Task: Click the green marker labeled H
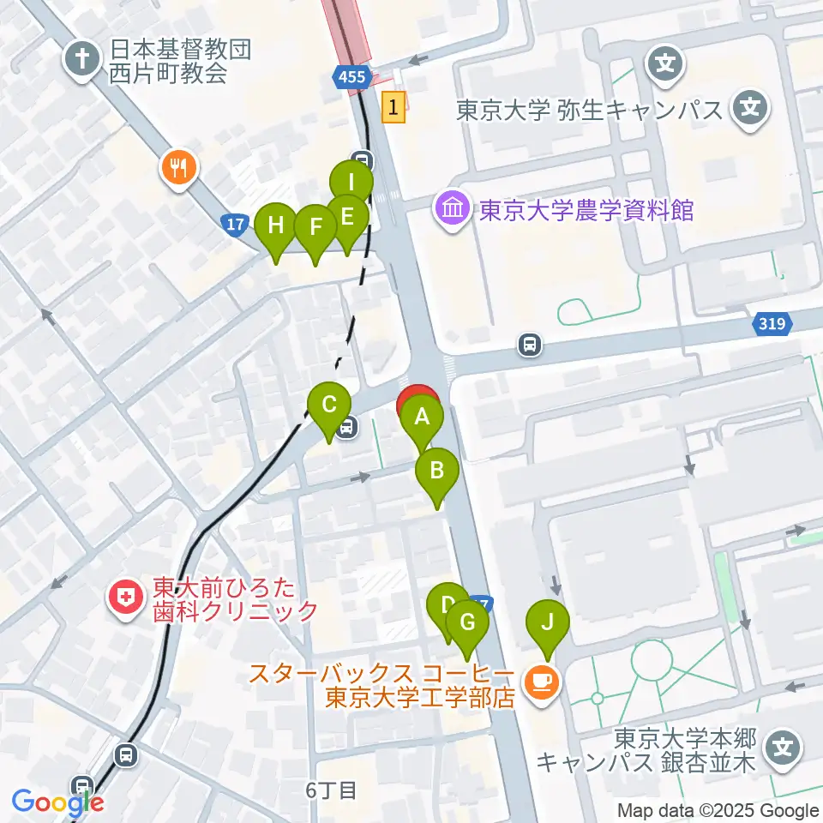276,226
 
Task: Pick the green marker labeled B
437,471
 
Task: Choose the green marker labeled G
467,622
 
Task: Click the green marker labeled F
315,227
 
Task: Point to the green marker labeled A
421,418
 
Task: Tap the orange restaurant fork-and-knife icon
178,165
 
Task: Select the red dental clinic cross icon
126,597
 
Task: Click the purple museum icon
451,208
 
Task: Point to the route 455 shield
351,78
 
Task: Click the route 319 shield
770,324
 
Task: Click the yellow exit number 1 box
393,107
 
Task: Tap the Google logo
57,802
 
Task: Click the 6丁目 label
331,790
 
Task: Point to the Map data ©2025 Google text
718,810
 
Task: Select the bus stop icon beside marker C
346,426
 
